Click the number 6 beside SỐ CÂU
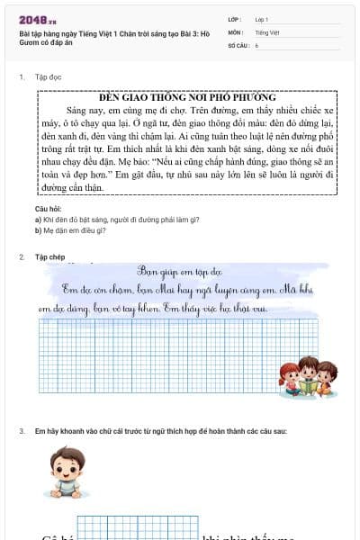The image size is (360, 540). coord(256,44)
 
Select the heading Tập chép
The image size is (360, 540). coord(50,257)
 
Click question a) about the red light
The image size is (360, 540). coord(116,220)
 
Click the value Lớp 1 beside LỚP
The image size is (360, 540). coord(262,19)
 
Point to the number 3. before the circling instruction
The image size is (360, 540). coord(22,432)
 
